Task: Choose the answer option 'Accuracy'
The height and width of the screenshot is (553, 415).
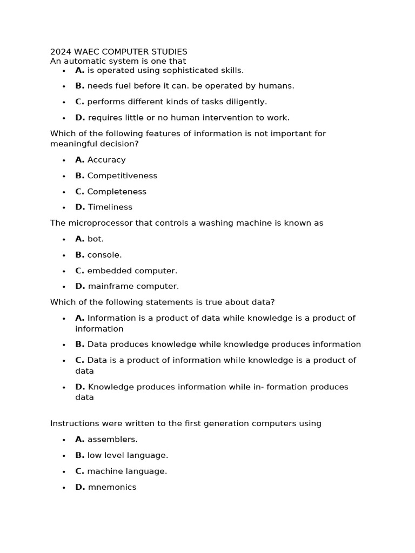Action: [x=106, y=160]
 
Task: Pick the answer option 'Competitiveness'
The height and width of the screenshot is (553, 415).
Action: [x=122, y=176]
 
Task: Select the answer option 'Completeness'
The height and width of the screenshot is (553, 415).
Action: [x=117, y=192]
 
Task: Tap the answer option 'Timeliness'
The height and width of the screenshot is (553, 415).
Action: [x=110, y=207]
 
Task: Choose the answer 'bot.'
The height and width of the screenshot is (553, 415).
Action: [x=96, y=239]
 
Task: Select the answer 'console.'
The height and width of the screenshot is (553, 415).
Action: [x=104, y=255]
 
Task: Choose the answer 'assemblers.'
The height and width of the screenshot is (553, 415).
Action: [x=112, y=440]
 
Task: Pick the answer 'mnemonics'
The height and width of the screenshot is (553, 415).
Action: [x=112, y=487]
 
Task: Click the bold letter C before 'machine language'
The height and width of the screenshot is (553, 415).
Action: [x=79, y=471]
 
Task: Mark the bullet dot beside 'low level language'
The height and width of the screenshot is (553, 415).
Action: [x=64, y=456]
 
